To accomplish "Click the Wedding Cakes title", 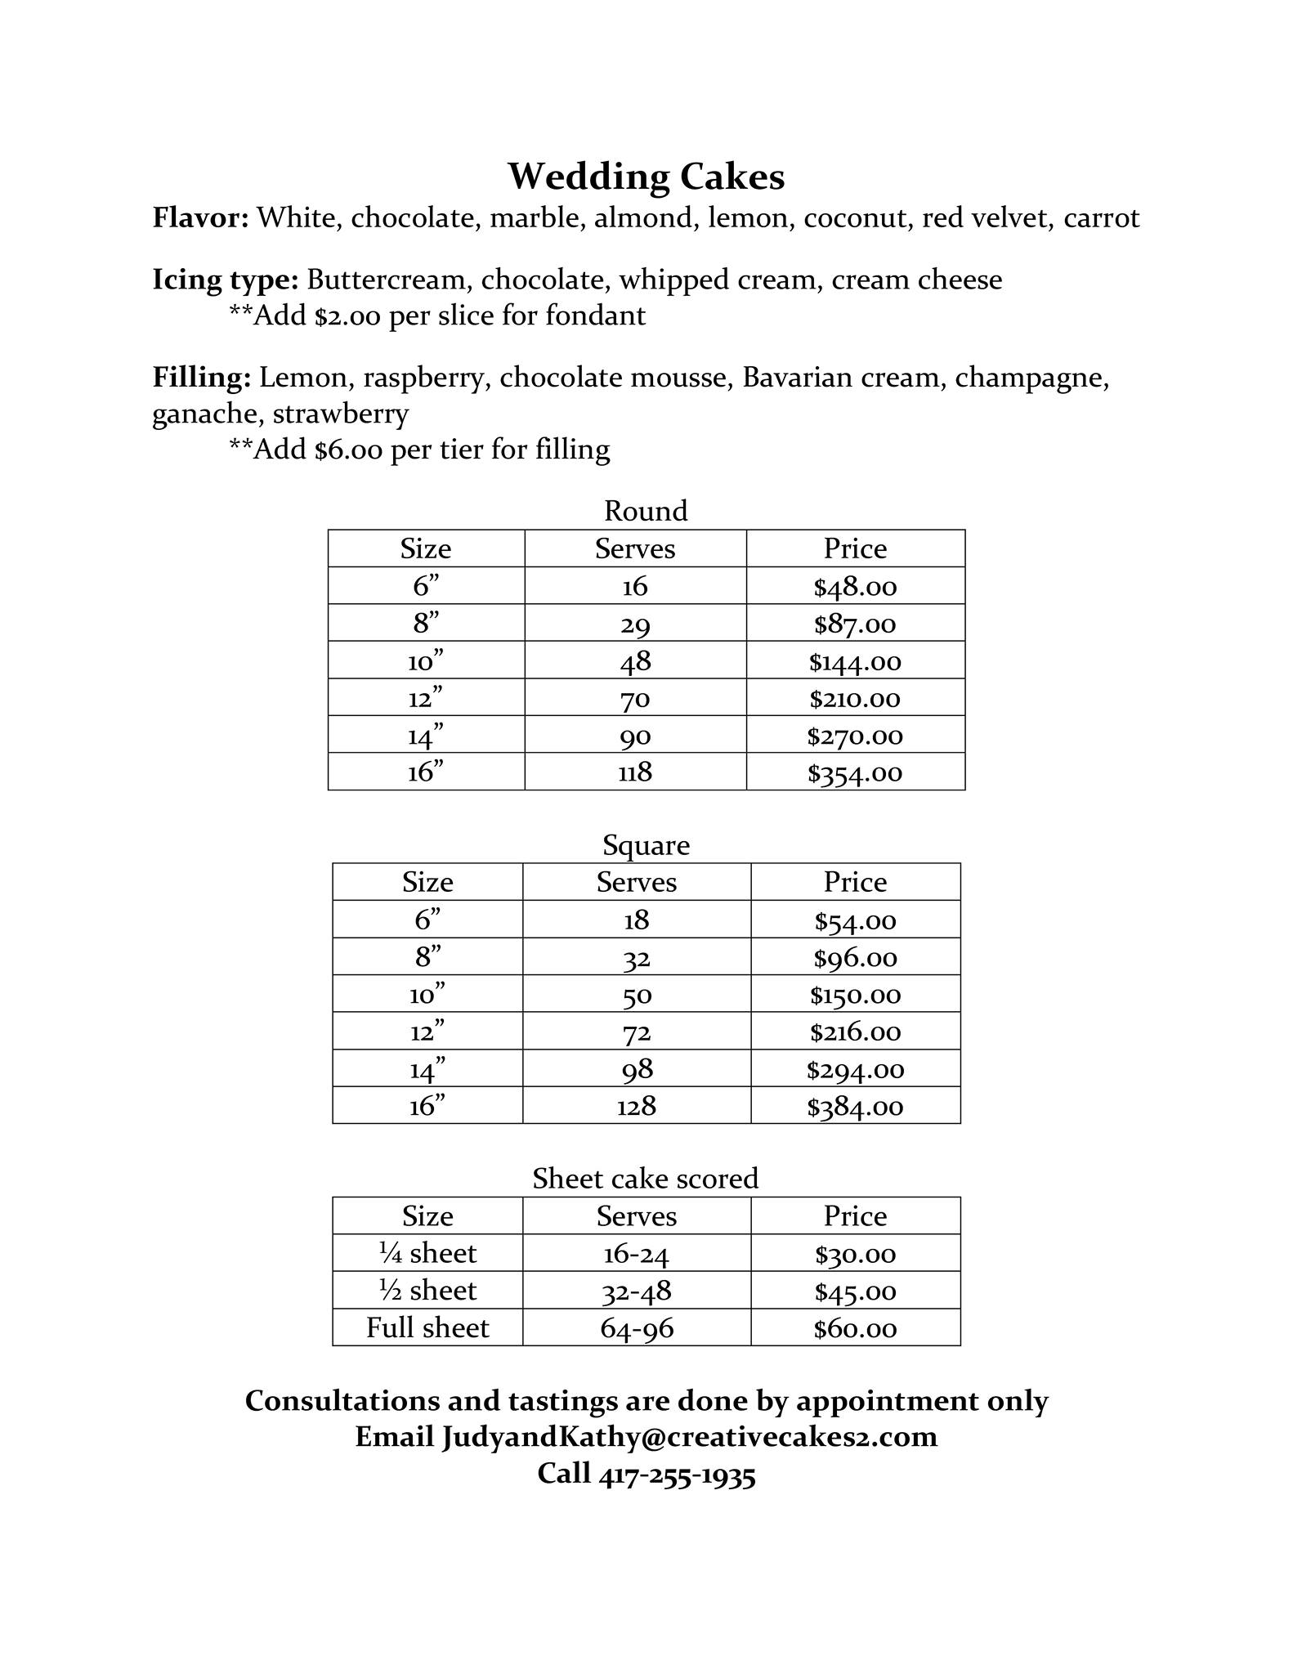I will click(646, 177).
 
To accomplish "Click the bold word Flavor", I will click(200, 218).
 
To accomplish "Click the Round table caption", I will click(646, 511).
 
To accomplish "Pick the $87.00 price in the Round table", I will click(855, 624).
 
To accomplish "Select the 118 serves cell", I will click(635, 772).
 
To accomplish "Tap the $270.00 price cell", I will click(855, 736).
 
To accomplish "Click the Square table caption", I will click(646, 844).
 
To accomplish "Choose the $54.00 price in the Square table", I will click(855, 921).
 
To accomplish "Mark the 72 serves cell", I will click(636, 1032).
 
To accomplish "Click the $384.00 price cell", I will click(855, 1107).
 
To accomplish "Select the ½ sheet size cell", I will click(427, 1291).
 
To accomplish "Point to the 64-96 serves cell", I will click(637, 1328).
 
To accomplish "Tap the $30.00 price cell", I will click(855, 1254).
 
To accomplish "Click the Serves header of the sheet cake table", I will click(637, 1216).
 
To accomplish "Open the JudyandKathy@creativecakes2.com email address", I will click(690, 1436).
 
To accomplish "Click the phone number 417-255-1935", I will click(678, 1473).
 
